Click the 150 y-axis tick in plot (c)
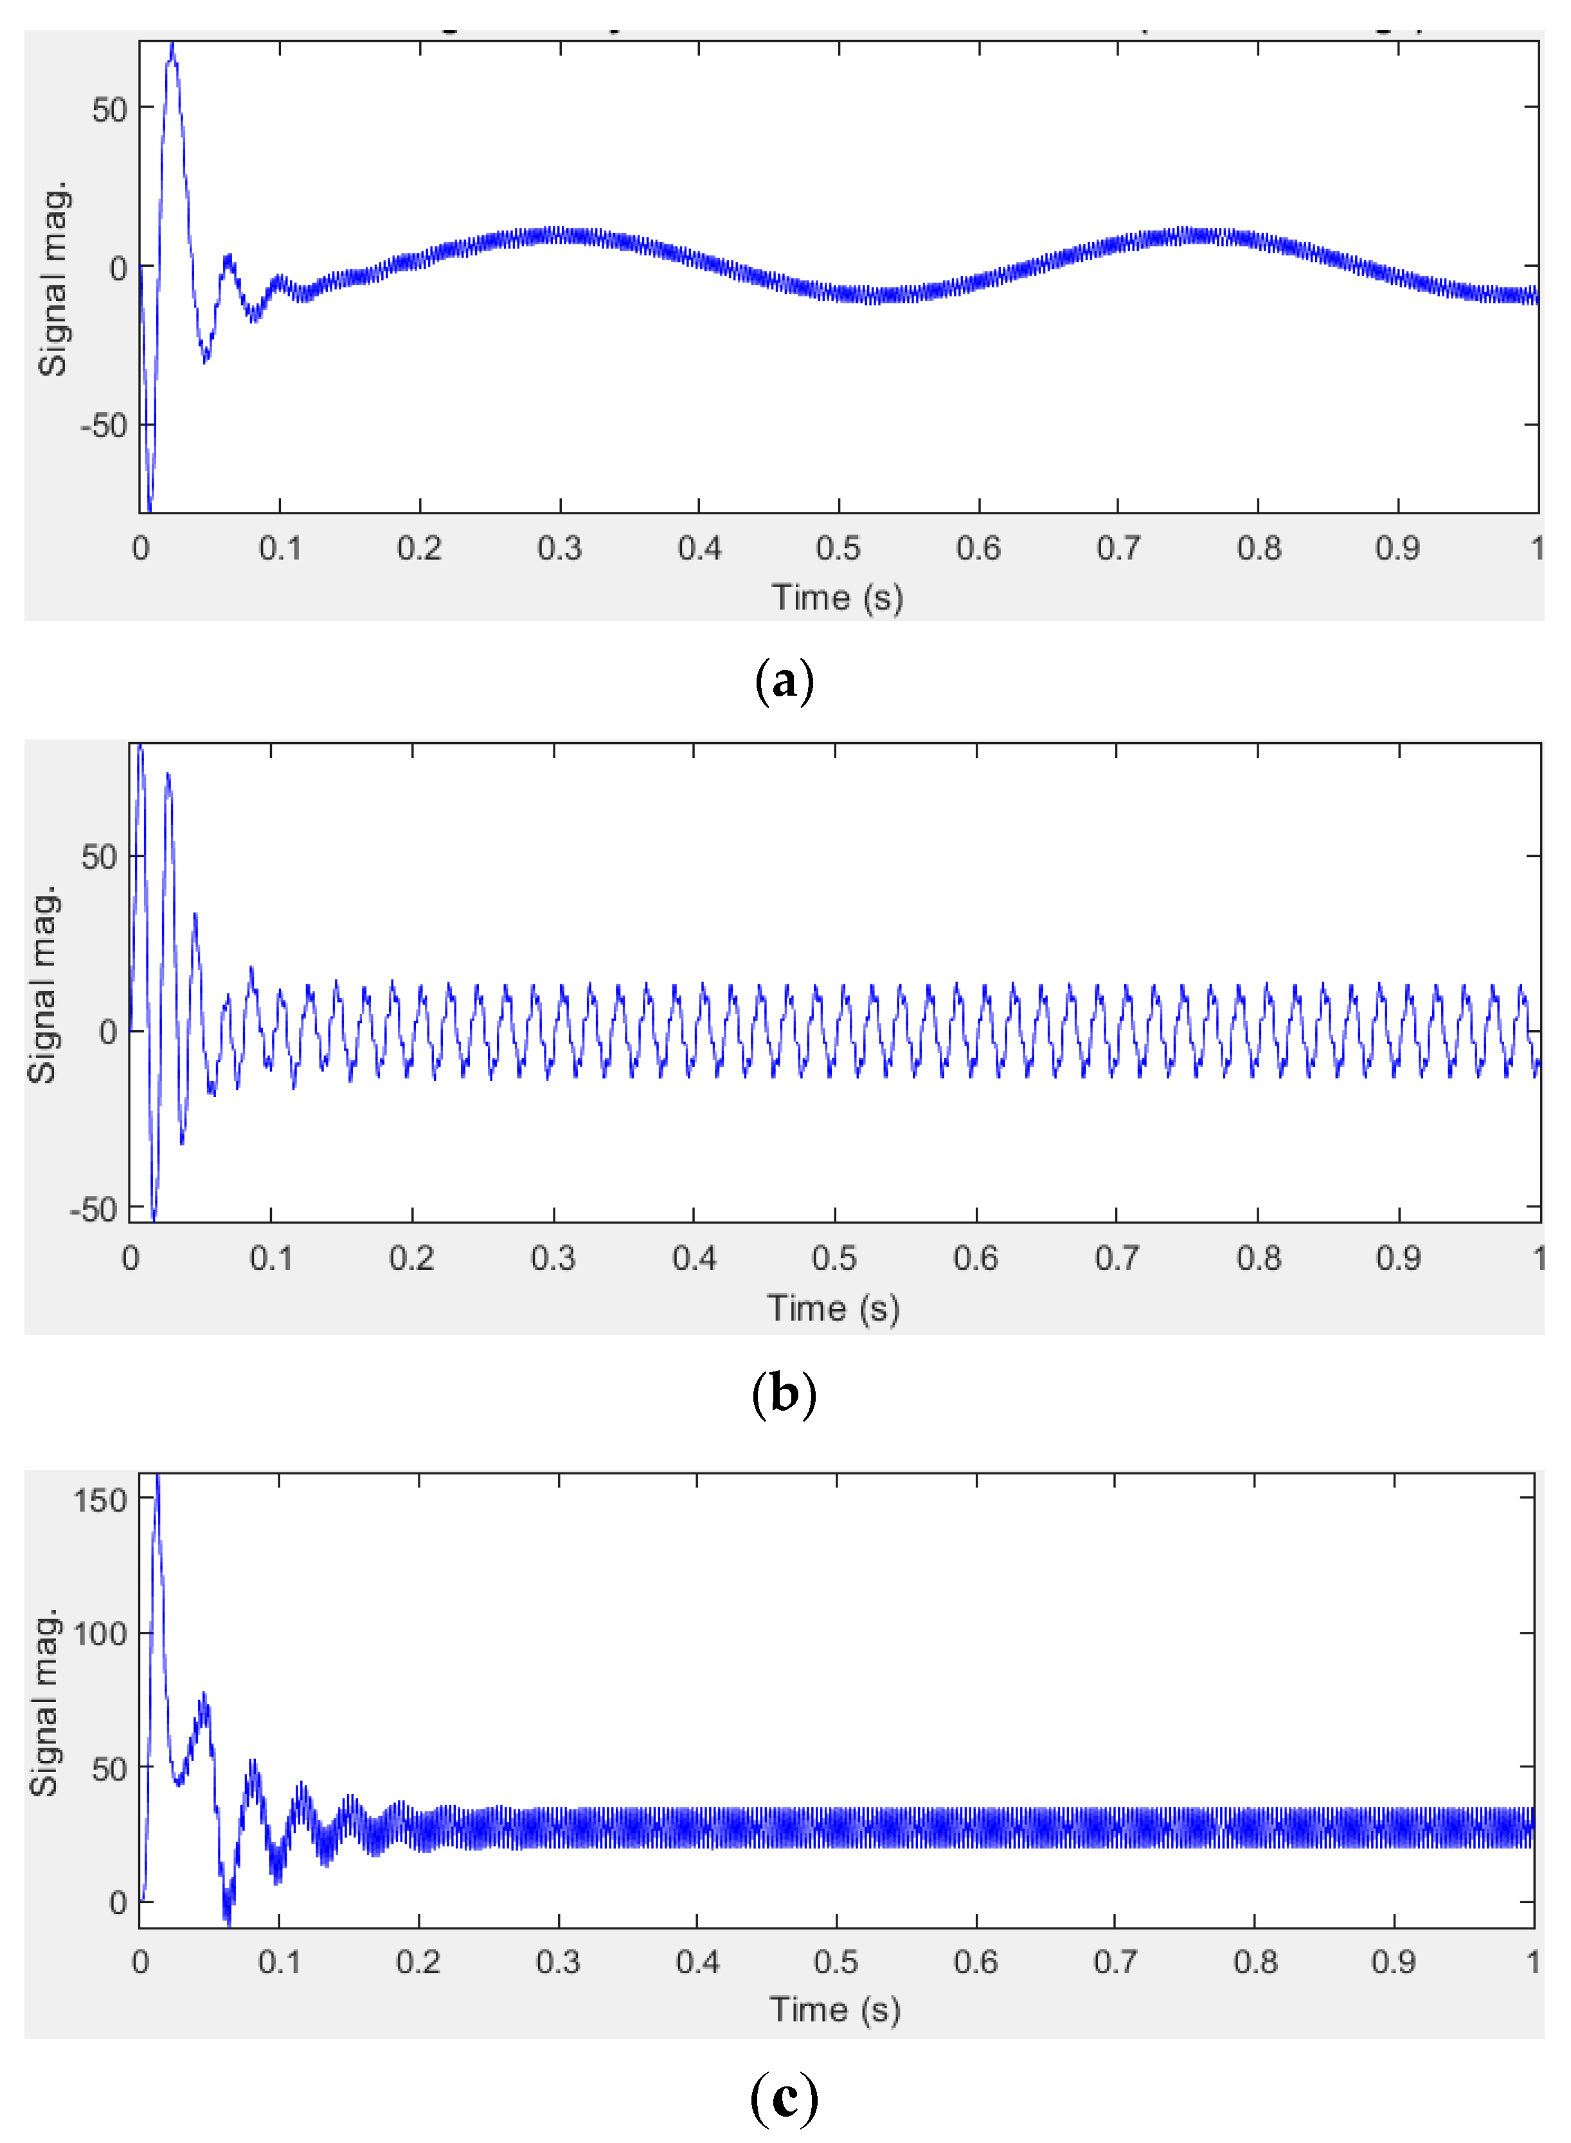pos(100,1500)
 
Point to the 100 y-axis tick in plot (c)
pos(100,1634)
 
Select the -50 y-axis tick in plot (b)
pos(93,1210)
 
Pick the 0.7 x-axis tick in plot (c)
pos(1115,1962)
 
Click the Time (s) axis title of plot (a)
pos(837,599)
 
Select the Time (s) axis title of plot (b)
pos(833,1309)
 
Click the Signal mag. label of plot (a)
pos(53,278)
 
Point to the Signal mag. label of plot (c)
pos(44,1702)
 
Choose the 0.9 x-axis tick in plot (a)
pos(1397,549)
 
